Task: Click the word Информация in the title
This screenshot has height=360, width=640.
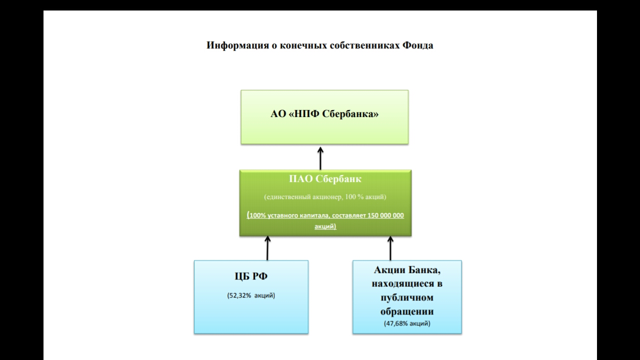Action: click(x=237, y=45)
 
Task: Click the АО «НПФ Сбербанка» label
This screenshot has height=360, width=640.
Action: click(x=324, y=113)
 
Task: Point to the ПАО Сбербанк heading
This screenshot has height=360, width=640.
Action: click(x=325, y=179)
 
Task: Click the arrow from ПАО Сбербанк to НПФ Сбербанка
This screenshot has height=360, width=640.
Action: click(x=320, y=158)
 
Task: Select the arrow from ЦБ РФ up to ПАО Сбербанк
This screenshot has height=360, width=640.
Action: click(x=267, y=248)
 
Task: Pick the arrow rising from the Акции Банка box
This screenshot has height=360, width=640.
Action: click(x=390, y=248)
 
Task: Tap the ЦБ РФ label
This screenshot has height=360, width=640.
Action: click(x=251, y=276)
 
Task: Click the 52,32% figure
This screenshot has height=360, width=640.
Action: click(x=239, y=295)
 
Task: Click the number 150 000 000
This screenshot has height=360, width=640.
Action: click(x=385, y=215)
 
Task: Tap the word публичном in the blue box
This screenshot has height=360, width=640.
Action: click(x=407, y=297)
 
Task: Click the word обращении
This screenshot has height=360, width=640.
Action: click(x=407, y=311)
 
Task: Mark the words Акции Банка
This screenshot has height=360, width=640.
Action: click(x=406, y=269)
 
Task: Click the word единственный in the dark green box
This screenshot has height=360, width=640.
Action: click(x=284, y=197)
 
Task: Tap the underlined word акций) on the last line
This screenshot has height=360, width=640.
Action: click(x=325, y=226)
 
